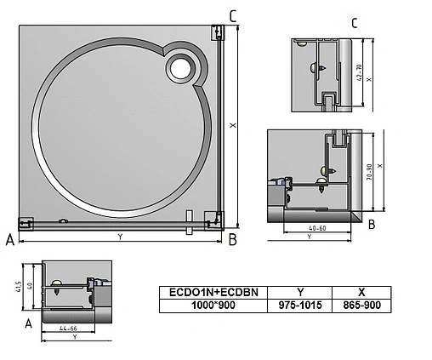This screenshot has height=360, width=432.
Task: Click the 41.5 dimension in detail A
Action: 19,288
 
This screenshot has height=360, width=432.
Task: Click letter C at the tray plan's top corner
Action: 234,15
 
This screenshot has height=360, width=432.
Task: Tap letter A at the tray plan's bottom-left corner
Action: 9,241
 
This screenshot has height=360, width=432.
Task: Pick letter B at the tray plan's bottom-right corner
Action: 232,241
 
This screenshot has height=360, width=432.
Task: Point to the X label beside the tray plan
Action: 233,125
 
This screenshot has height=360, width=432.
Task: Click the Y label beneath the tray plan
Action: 120,236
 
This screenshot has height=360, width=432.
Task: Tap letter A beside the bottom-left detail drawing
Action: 29,323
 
